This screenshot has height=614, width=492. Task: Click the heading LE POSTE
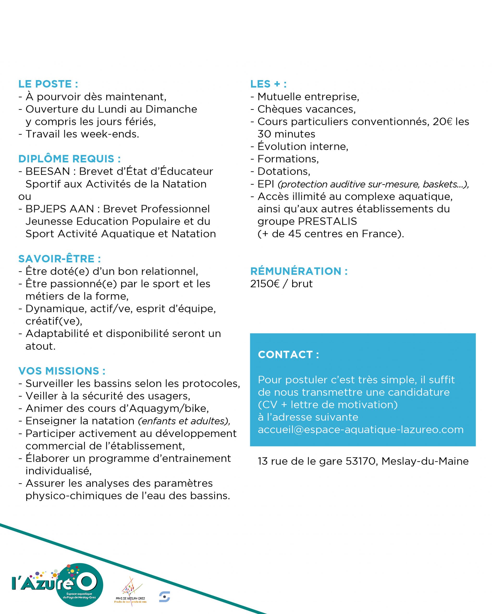click(x=48, y=84)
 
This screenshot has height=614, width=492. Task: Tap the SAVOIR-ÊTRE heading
click(x=59, y=259)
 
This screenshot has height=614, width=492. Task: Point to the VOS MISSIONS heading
click(x=61, y=371)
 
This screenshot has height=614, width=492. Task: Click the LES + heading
click(x=268, y=84)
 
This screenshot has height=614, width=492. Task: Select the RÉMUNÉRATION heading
click(x=299, y=271)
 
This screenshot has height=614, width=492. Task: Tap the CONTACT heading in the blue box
click(x=288, y=354)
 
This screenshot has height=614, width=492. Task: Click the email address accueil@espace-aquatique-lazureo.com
click(x=361, y=430)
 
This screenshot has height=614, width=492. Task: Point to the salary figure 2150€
click(x=265, y=284)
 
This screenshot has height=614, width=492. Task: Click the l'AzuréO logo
click(x=57, y=585)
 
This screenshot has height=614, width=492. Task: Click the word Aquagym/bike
click(x=169, y=408)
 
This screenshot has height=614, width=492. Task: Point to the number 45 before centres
click(x=294, y=234)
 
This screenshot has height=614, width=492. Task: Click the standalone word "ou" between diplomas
click(x=25, y=196)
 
